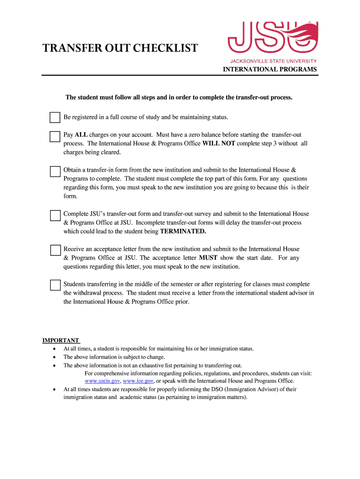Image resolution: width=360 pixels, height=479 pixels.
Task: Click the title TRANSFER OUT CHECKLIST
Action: pos(120,48)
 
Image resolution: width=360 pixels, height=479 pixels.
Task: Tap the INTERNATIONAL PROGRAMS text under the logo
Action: pos(270,69)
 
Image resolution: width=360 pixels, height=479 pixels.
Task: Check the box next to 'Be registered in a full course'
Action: pos(55,117)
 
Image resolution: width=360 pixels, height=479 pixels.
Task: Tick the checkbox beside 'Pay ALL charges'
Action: pos(55,136)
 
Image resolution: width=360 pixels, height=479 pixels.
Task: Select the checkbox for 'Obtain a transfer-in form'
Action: pos(55,171)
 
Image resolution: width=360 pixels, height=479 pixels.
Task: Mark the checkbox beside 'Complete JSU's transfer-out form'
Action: pos(55,215)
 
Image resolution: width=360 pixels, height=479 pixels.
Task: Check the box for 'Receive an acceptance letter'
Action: pos(55,250)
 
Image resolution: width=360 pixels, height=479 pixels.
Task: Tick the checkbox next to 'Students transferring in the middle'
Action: pos(55,285)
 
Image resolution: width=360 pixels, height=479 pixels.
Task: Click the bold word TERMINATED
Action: pos(183,232)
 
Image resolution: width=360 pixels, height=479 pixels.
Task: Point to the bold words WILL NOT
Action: pos(218,144)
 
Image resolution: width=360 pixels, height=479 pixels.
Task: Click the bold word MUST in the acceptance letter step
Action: pos(208,258)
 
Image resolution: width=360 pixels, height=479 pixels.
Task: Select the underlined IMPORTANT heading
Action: pos(61,340)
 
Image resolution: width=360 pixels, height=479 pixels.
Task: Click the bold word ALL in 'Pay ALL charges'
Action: pos(81,135)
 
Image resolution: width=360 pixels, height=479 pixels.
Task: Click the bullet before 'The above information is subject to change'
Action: pos(55,357)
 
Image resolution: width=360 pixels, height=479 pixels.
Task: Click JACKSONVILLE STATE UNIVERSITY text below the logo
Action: pos(273,61)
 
